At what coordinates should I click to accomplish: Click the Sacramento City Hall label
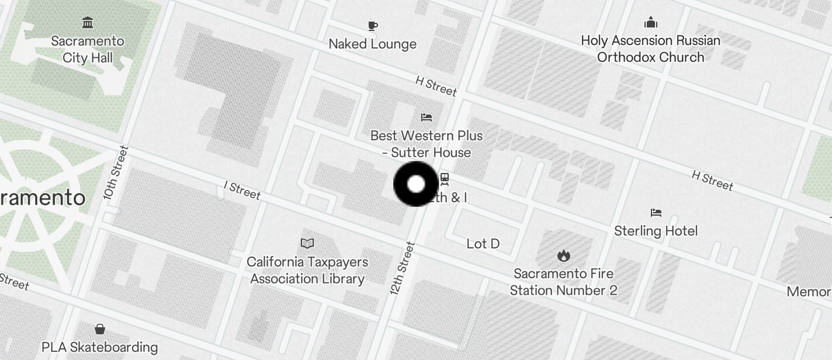tap(88, 49)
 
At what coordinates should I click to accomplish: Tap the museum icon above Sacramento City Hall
tap(88, 23)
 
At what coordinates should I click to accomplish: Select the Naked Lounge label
tap(372, 44)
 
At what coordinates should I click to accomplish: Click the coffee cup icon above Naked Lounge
tap(373, 26)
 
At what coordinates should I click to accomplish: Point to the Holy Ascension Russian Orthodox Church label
tap(650, 49)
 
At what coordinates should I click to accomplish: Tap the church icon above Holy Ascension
tap(650, 23)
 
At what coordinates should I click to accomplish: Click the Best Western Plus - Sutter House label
tap(427, 144)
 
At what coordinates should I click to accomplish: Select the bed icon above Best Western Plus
tap(427, 117)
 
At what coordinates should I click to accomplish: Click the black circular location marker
tap(416, 184)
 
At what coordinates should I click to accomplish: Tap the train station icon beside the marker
tap(445, 179)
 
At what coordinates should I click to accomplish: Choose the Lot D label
tap(483, 244)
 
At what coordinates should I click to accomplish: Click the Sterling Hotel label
tap(656, 231)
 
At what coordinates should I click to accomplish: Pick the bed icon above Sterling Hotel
tap(656, 213)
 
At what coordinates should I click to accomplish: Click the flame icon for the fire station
tap(563, 255)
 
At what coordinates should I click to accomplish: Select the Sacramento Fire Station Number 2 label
tap(563, 282)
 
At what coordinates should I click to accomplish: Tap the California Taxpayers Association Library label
tap(307, 270)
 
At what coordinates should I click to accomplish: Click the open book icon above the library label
tap(307, 243)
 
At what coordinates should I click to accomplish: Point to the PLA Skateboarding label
tap(99, 347)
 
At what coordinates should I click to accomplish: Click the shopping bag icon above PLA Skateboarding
tap(100, 328)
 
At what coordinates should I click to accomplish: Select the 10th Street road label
tap(115, 172)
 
